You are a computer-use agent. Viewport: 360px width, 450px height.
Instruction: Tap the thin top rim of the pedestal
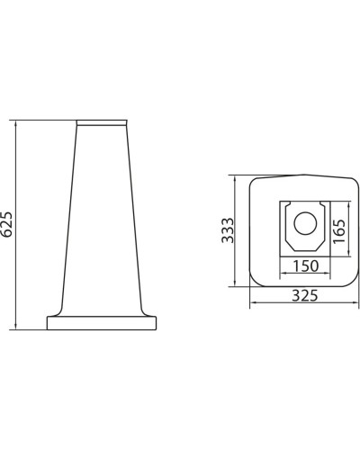coord(104,122)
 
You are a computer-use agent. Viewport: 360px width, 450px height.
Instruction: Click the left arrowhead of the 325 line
coord(250,303)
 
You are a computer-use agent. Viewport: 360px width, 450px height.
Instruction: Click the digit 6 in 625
coord(9,231)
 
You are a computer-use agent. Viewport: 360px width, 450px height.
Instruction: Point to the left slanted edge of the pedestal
coord(66,225)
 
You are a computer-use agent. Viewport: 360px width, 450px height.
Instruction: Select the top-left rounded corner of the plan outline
coord(253,181)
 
